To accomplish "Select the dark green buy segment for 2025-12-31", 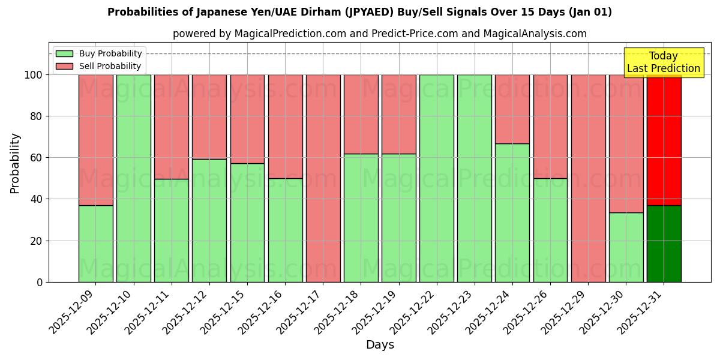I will click(664, 244).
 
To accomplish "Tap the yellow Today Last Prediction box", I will click(663, 62).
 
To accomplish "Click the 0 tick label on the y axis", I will click(40, 282).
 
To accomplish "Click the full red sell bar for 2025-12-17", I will click(323, 178).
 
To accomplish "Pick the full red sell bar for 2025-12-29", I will click(588, 178).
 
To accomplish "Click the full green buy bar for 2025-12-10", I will click(133, 178).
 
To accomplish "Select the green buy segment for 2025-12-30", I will click(626, 247).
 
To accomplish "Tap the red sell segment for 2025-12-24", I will click(512, 109).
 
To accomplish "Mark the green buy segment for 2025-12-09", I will click(95, 244).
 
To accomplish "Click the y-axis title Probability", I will click(15, 163).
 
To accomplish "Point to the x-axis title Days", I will click(380, 345).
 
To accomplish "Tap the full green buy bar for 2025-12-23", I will click(474, 178).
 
